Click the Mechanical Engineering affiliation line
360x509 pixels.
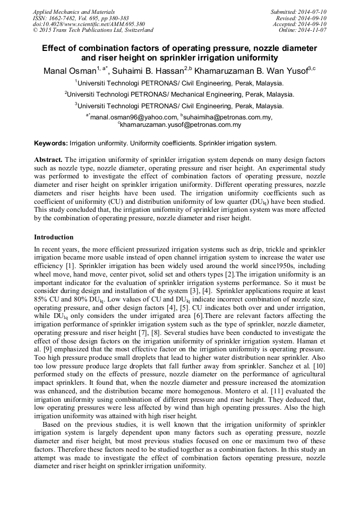[x=179, y=94]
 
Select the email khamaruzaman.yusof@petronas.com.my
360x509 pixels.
[x=181, y=125]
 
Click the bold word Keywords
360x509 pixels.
[x=50, y=143]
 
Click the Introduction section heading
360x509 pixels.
[x=54, y=237]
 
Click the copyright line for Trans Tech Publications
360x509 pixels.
[x=93, y=30]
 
